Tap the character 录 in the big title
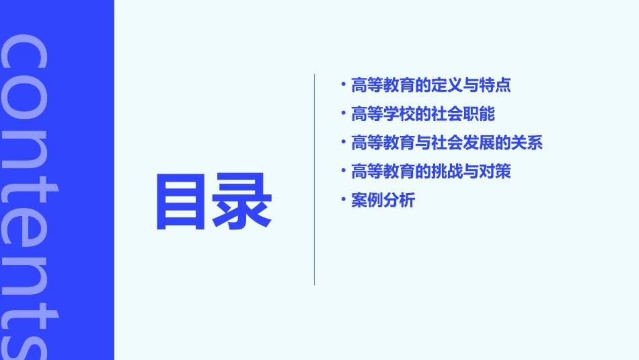coord(243,202)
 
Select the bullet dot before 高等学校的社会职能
coord(344,113)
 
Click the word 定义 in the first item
coord(447,85)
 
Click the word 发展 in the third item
coord(480,143)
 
